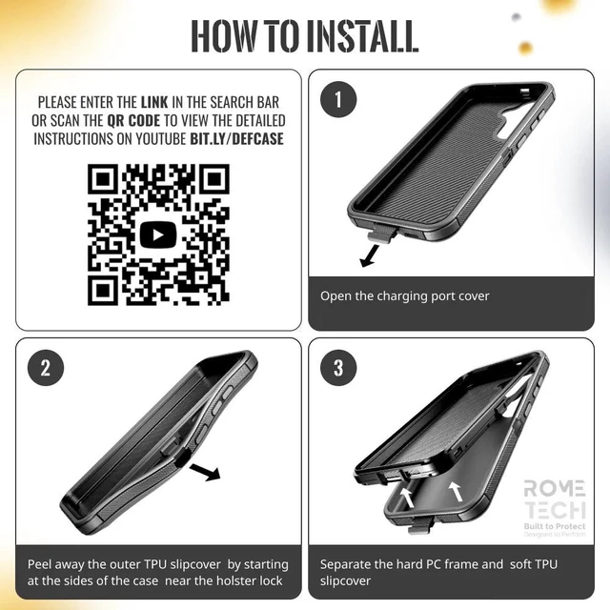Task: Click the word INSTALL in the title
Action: click(362, 36)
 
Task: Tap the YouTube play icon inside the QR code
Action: click(158, 234)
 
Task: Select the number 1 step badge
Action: click(338, 99)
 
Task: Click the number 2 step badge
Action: click(46, 368)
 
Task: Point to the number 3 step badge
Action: click(338, 368)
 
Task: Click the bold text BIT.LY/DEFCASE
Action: click(236, 139)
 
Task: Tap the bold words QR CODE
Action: click(133, 121)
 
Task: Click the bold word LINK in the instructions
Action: click(154, 102)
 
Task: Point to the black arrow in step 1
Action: click(369, 256)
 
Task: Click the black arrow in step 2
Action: click(205, 472)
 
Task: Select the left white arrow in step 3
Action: click(407, 498)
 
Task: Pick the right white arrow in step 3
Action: click(456, 491)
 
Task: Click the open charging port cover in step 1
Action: click(381, 234)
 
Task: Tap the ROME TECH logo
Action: click(555, 508)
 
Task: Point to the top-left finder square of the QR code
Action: click(103, 179)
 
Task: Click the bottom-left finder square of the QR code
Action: click(103, 290)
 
